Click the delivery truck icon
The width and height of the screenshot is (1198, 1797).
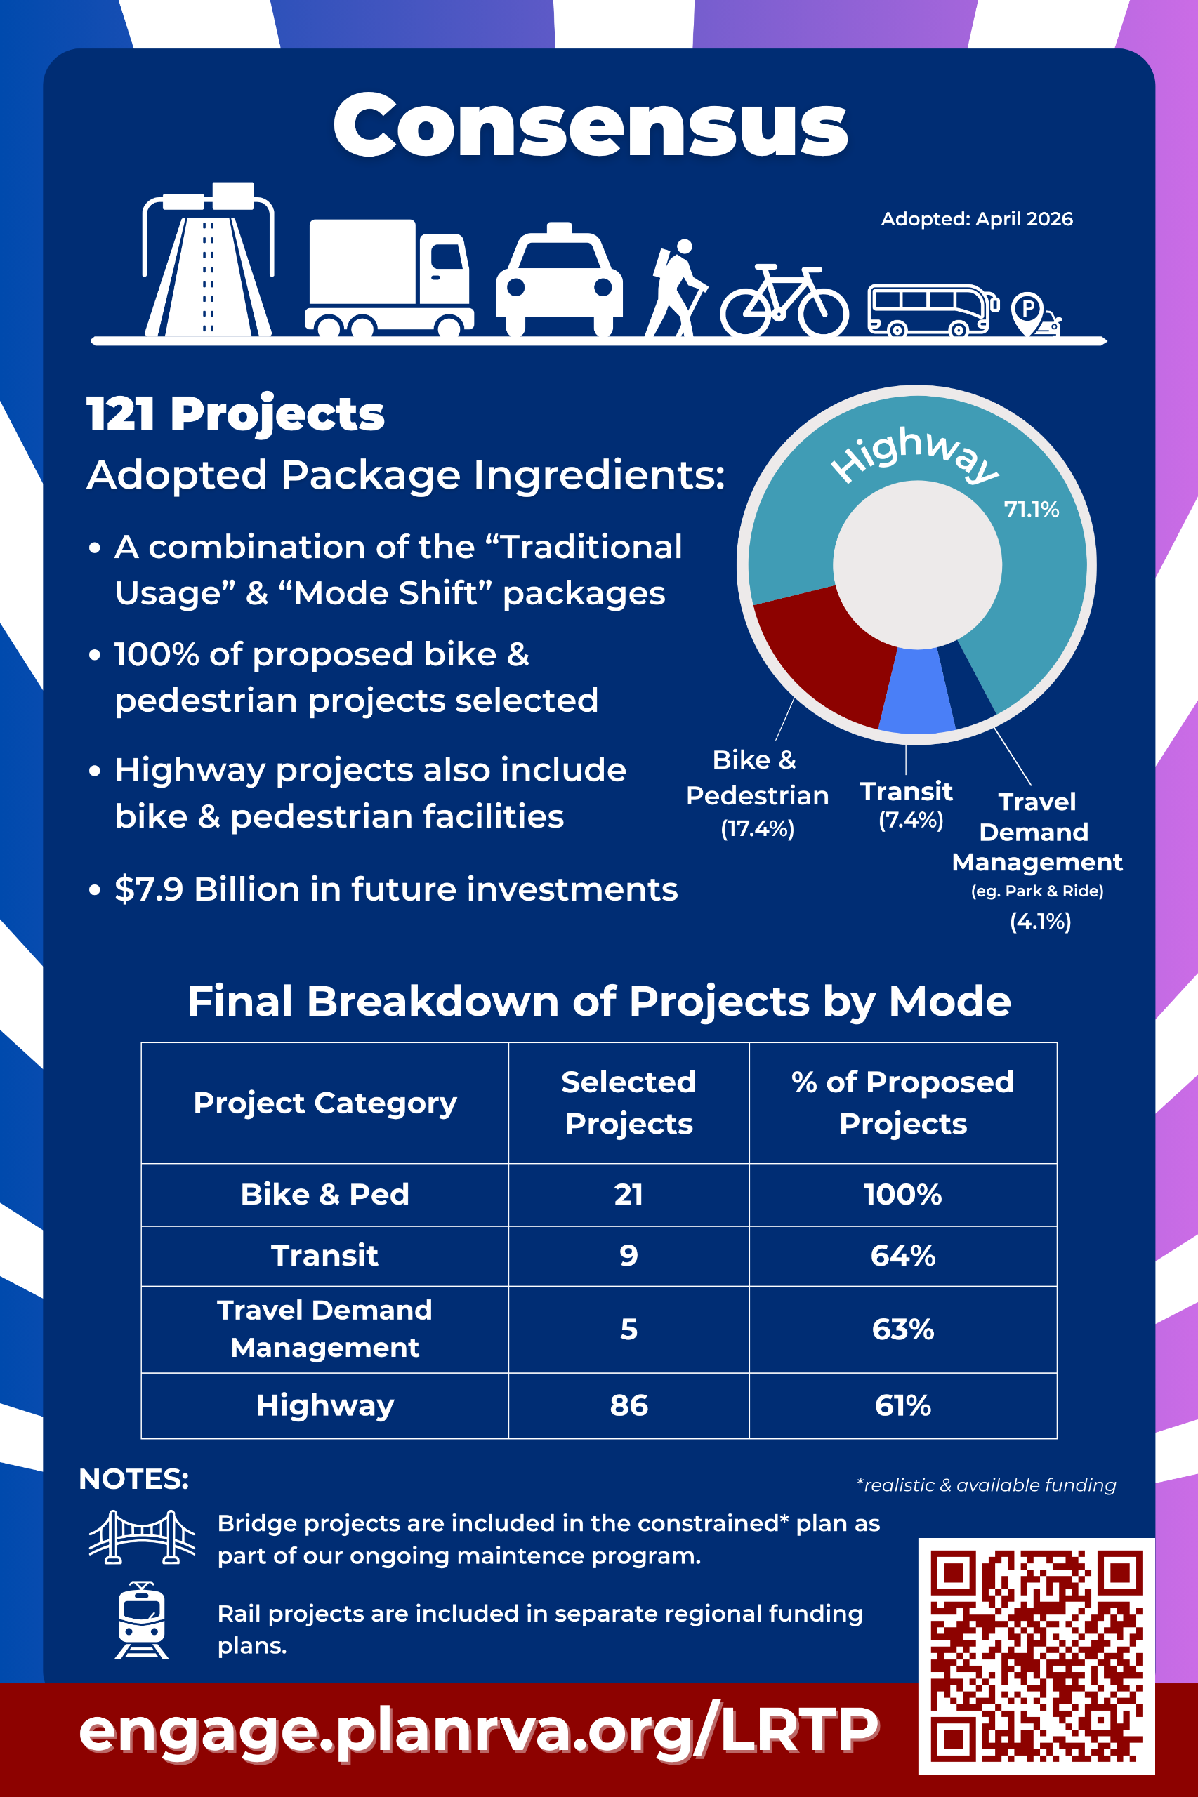click(389, 278)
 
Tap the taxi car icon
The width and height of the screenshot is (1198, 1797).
click(559, 279)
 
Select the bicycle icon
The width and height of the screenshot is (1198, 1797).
click(784, 301)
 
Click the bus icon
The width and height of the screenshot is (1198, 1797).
click(933, 310)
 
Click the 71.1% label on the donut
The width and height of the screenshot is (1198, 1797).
click(1032, 510)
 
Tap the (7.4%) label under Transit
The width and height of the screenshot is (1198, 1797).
click(911, 820)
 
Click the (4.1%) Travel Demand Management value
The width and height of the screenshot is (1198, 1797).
click(1041, 921)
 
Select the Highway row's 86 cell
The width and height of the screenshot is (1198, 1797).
click(628, 1405)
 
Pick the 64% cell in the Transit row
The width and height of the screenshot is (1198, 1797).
click(903, 1256)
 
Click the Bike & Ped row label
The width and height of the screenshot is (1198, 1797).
click(324, 1195)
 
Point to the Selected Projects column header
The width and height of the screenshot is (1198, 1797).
click(628, 1102)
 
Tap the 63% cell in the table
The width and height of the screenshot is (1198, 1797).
click(903, 1329)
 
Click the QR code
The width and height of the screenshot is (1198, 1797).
click(1036, 1656)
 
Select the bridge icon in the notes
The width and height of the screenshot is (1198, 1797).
click(142, 1537)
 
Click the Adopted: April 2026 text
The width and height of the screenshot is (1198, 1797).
click(976, 219)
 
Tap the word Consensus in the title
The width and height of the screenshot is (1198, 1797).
click(591, 124)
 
